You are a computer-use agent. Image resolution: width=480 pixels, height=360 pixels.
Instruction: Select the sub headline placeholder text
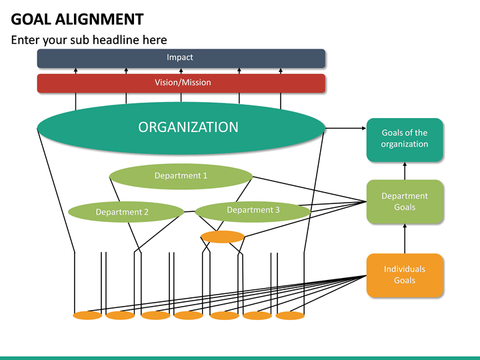tap(89, 40)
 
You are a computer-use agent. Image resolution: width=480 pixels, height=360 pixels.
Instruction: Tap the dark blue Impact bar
tap(181, 58)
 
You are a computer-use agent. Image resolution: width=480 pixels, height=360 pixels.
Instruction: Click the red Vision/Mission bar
tap(181, 83)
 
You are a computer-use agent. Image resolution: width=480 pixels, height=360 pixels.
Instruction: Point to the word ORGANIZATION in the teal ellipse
tap(188, 127)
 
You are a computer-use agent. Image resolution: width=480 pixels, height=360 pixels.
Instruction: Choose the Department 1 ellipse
tap(181, 176)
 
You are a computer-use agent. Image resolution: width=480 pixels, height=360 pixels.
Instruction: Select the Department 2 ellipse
tap(125, 212)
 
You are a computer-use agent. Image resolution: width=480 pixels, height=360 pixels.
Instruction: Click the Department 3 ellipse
tap(253, 211)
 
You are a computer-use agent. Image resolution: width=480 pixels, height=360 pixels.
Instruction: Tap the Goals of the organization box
tap(405, 139)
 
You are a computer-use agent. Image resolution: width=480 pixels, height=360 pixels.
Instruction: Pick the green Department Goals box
tap(405, 201)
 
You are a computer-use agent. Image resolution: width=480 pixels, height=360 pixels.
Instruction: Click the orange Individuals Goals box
tap(405, 275)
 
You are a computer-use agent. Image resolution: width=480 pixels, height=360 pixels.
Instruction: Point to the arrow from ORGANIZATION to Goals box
tap(345, 127)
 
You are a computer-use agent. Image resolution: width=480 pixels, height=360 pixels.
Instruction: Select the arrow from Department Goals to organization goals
tap(405, 171)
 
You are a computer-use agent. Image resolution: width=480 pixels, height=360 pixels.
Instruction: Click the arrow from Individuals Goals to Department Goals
tap(405, 238)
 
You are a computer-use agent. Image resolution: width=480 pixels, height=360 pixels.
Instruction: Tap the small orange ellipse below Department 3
tap(223, 237)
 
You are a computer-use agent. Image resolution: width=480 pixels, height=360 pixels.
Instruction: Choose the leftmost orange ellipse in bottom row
tap(87, 315)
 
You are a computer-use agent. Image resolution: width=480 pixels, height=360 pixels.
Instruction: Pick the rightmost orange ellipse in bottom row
tap(290, 315)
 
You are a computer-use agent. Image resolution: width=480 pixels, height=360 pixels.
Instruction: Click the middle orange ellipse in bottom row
tap(189, 315)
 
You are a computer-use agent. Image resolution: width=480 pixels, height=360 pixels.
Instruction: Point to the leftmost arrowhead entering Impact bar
tap(75, 70)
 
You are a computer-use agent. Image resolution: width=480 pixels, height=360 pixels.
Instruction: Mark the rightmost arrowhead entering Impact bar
tap(281, 70)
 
